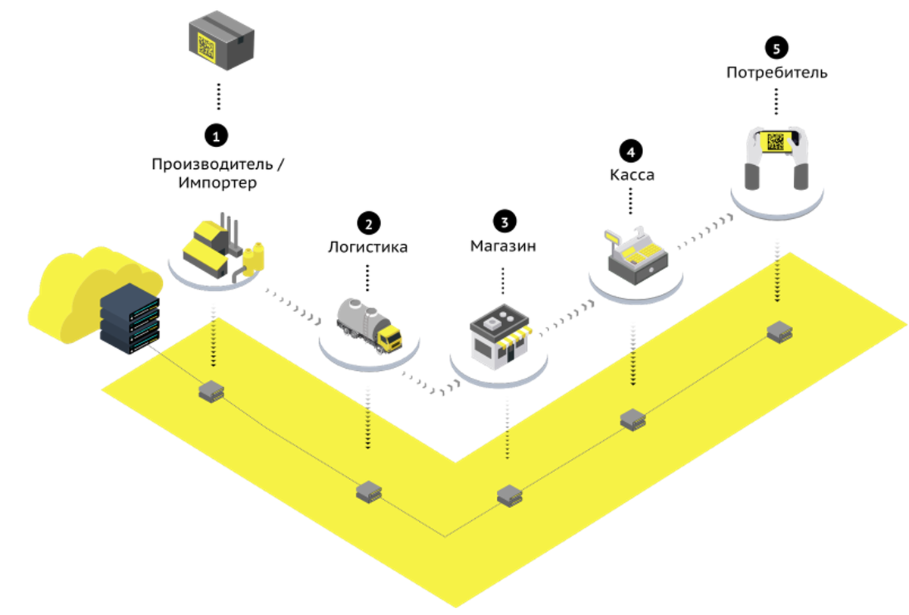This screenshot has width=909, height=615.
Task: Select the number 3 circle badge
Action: coord(504,221)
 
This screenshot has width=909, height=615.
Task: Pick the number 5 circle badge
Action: coord(776,48)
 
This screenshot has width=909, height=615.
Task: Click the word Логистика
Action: coord(368,247)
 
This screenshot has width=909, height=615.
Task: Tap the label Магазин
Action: coord(504,246)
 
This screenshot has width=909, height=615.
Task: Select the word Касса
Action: coord(631,175)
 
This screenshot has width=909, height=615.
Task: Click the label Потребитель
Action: coord(776,73)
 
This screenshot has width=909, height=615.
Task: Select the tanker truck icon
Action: coord(369,323)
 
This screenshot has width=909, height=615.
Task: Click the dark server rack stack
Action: coord(130,318)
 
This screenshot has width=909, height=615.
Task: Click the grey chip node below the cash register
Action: coord(633,419)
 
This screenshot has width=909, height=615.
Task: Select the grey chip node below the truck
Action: coord(369,491)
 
